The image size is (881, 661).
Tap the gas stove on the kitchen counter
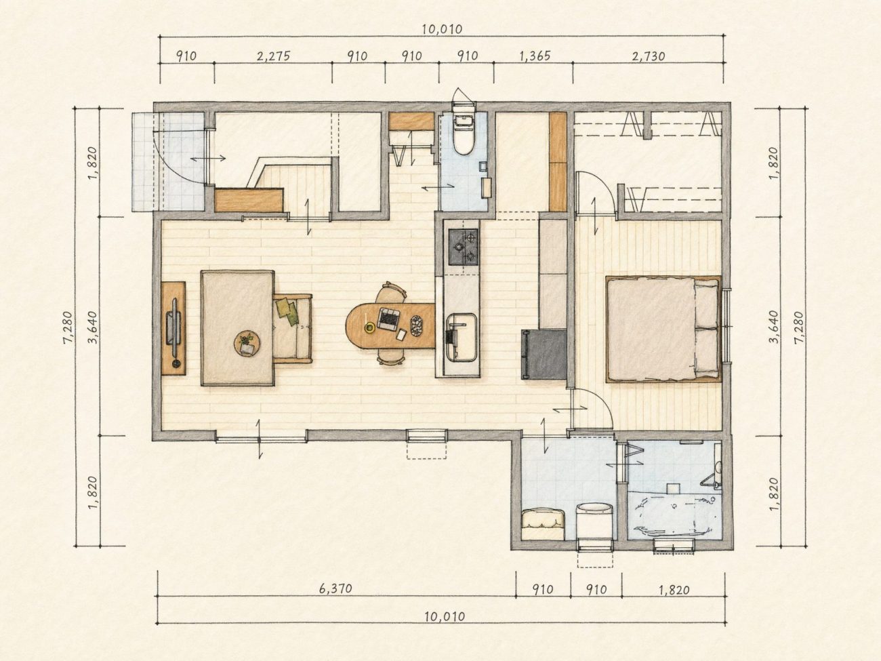[464, 247]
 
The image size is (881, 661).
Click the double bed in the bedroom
[663, 329]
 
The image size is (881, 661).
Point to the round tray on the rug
[247, 344]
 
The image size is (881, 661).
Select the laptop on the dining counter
[388, 319]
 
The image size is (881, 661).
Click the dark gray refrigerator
[544, 355]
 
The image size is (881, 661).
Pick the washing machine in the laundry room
[594, 521]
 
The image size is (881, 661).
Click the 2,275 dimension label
[273, 56]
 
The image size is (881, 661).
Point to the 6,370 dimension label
[335, 588]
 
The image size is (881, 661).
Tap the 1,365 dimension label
[535, 56]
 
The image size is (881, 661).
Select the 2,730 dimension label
[649, 56]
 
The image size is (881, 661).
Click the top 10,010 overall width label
[442, 29]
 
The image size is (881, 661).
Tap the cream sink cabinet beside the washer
[544, 524]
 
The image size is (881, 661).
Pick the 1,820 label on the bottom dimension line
[674, 590]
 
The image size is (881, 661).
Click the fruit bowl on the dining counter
[417, 325]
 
